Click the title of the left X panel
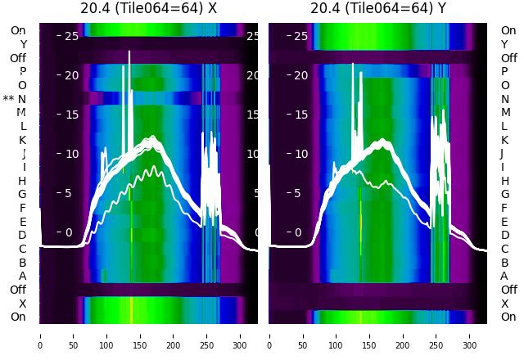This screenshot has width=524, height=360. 148,9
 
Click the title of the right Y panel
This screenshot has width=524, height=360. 378,9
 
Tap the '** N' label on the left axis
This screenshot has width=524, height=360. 15,99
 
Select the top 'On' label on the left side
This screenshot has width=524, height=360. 17,30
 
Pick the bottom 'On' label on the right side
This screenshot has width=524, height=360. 508,317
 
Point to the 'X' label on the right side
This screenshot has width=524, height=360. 504,304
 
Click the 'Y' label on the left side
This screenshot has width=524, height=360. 23,44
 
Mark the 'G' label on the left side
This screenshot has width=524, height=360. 22,194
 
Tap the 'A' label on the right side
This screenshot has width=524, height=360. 504,276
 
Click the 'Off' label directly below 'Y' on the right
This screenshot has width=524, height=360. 508,58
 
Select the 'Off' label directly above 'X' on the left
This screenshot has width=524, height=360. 17,290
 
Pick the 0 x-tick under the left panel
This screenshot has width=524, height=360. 40,335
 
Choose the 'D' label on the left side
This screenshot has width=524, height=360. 22,235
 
